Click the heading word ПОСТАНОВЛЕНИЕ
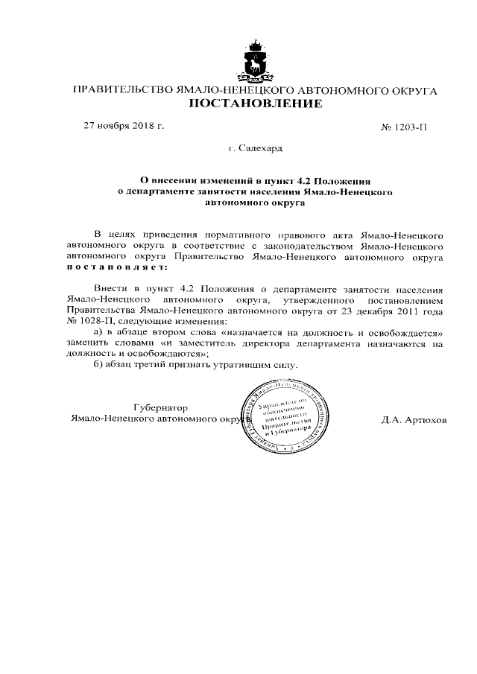(255, 104)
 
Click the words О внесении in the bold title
(166, 180)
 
